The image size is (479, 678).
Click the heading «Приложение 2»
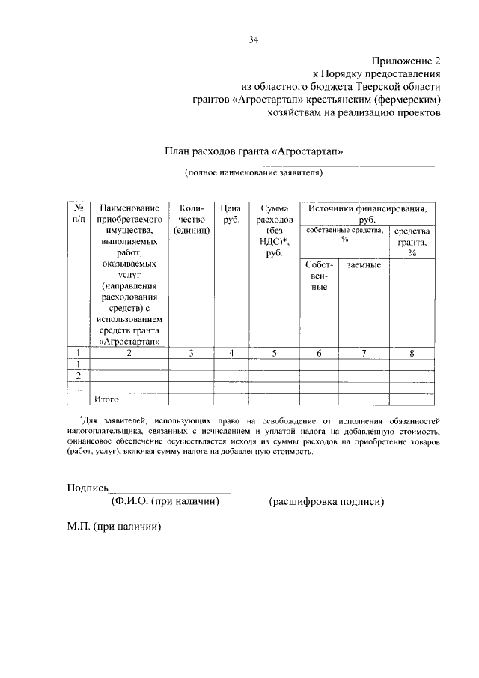point(405,61)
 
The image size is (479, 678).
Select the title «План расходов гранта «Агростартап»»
point(254,151)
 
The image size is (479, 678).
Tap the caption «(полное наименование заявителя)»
point(254,172)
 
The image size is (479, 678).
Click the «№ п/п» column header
point(79,213)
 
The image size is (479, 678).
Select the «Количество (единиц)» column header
point(191,219)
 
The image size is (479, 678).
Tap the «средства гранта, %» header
point(412,242)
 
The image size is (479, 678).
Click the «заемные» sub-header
point(364,265)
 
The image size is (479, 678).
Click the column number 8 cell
point(412,354)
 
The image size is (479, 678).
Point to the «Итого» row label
point(106,399)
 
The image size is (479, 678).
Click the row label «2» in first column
point(79,376)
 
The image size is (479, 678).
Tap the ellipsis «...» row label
point(79,387)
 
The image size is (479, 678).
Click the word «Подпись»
point(88,487)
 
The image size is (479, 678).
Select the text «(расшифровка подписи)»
point(327,501)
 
